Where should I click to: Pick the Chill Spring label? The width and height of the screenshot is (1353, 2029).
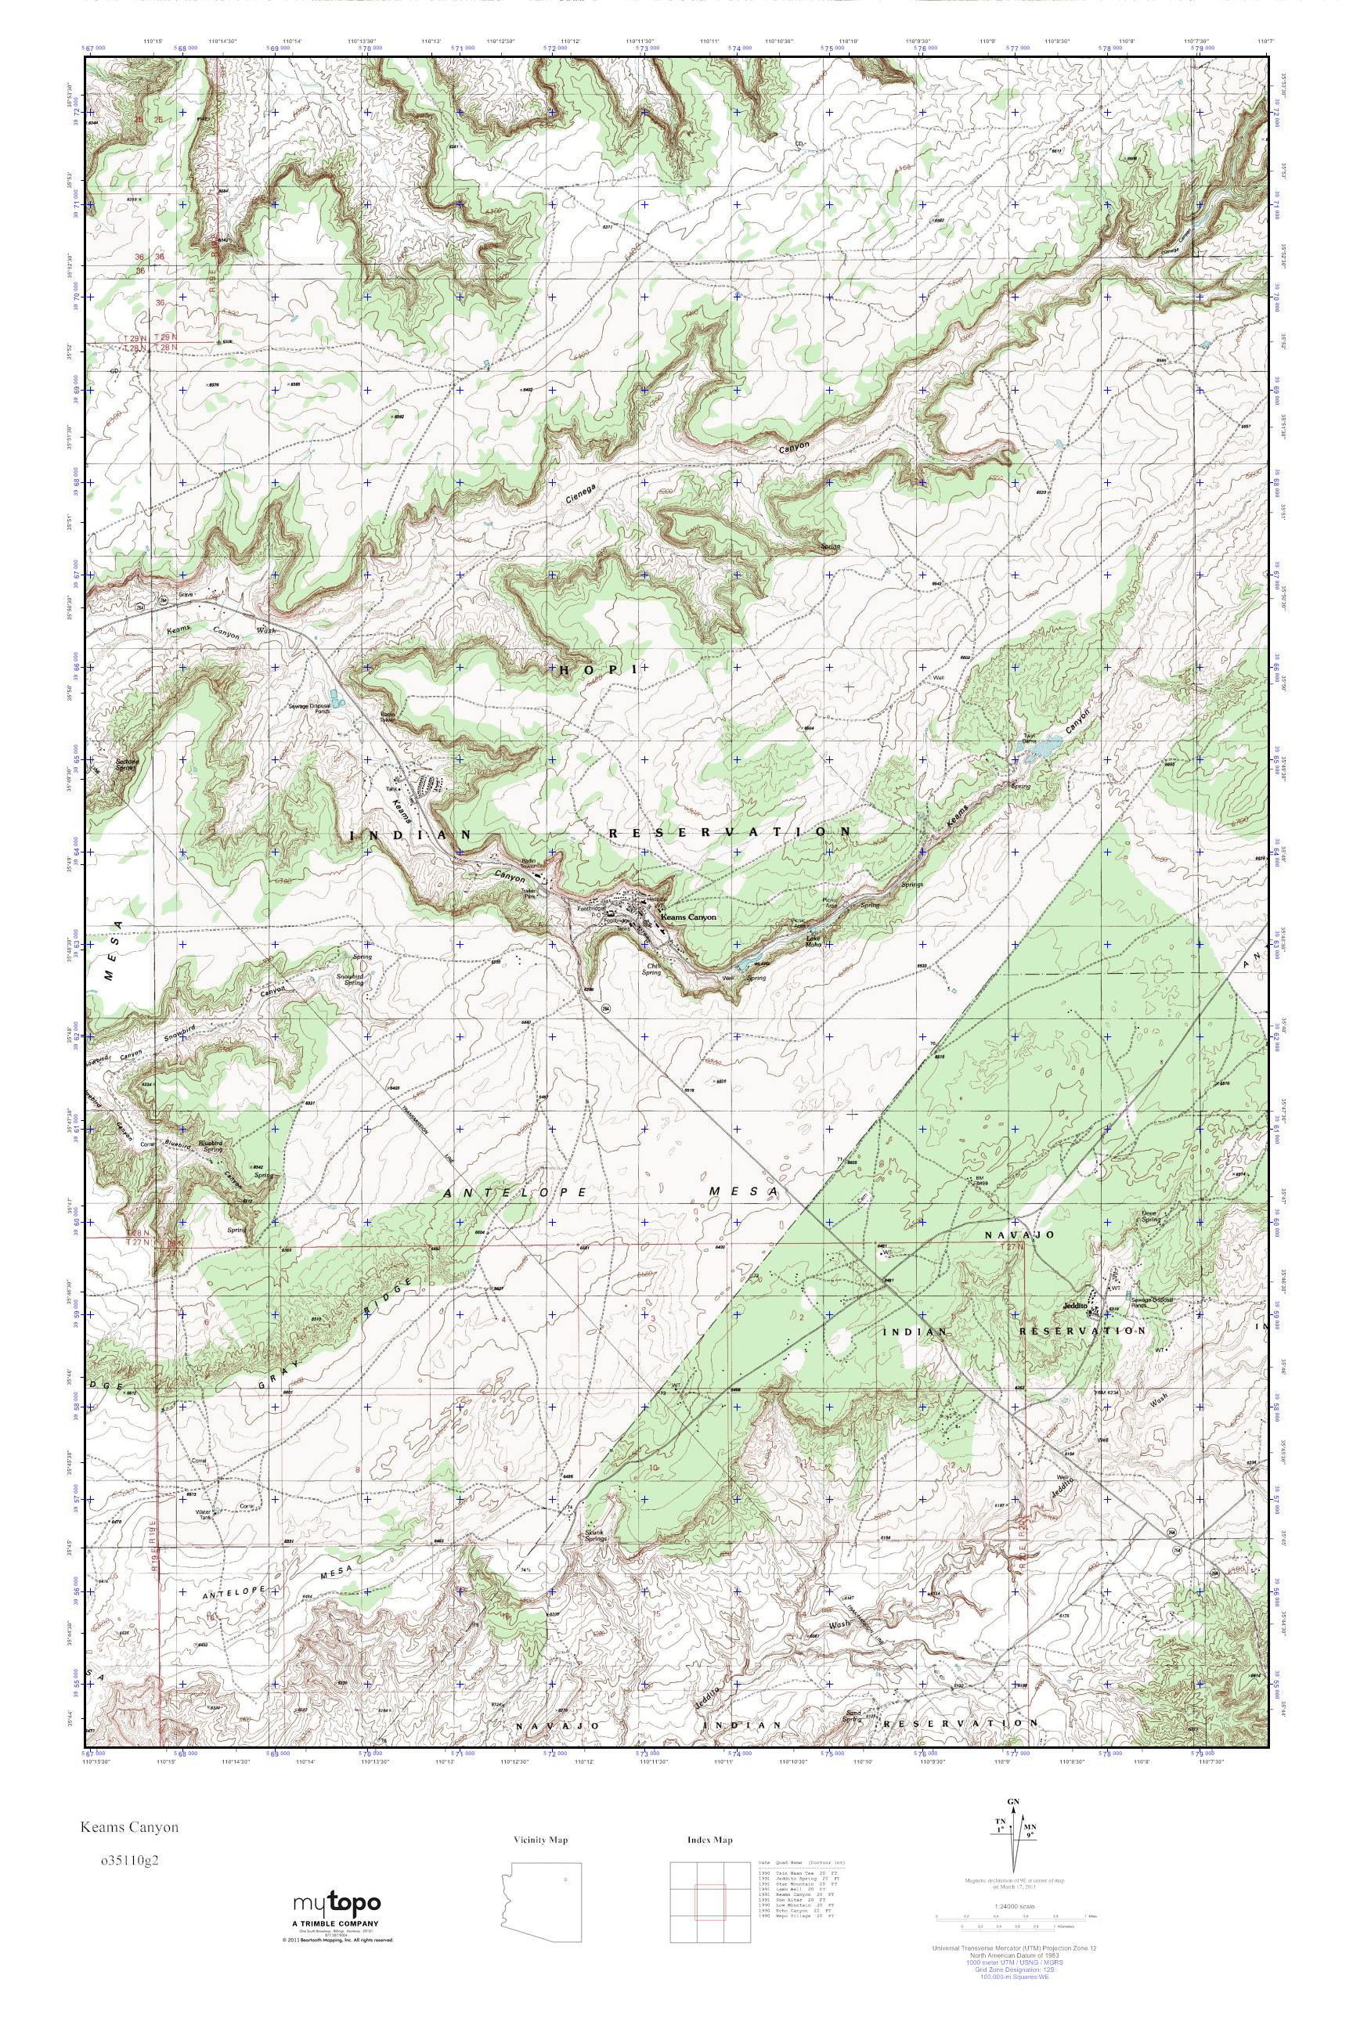click(651, 969)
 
